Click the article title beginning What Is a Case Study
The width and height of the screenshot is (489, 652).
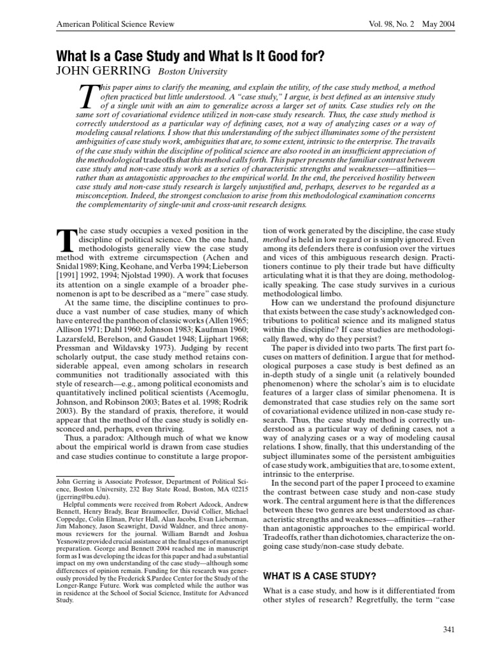click(190, 55)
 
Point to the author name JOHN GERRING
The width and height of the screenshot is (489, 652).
click(104, 71)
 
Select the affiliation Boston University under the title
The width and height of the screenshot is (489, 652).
click(192, 71)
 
